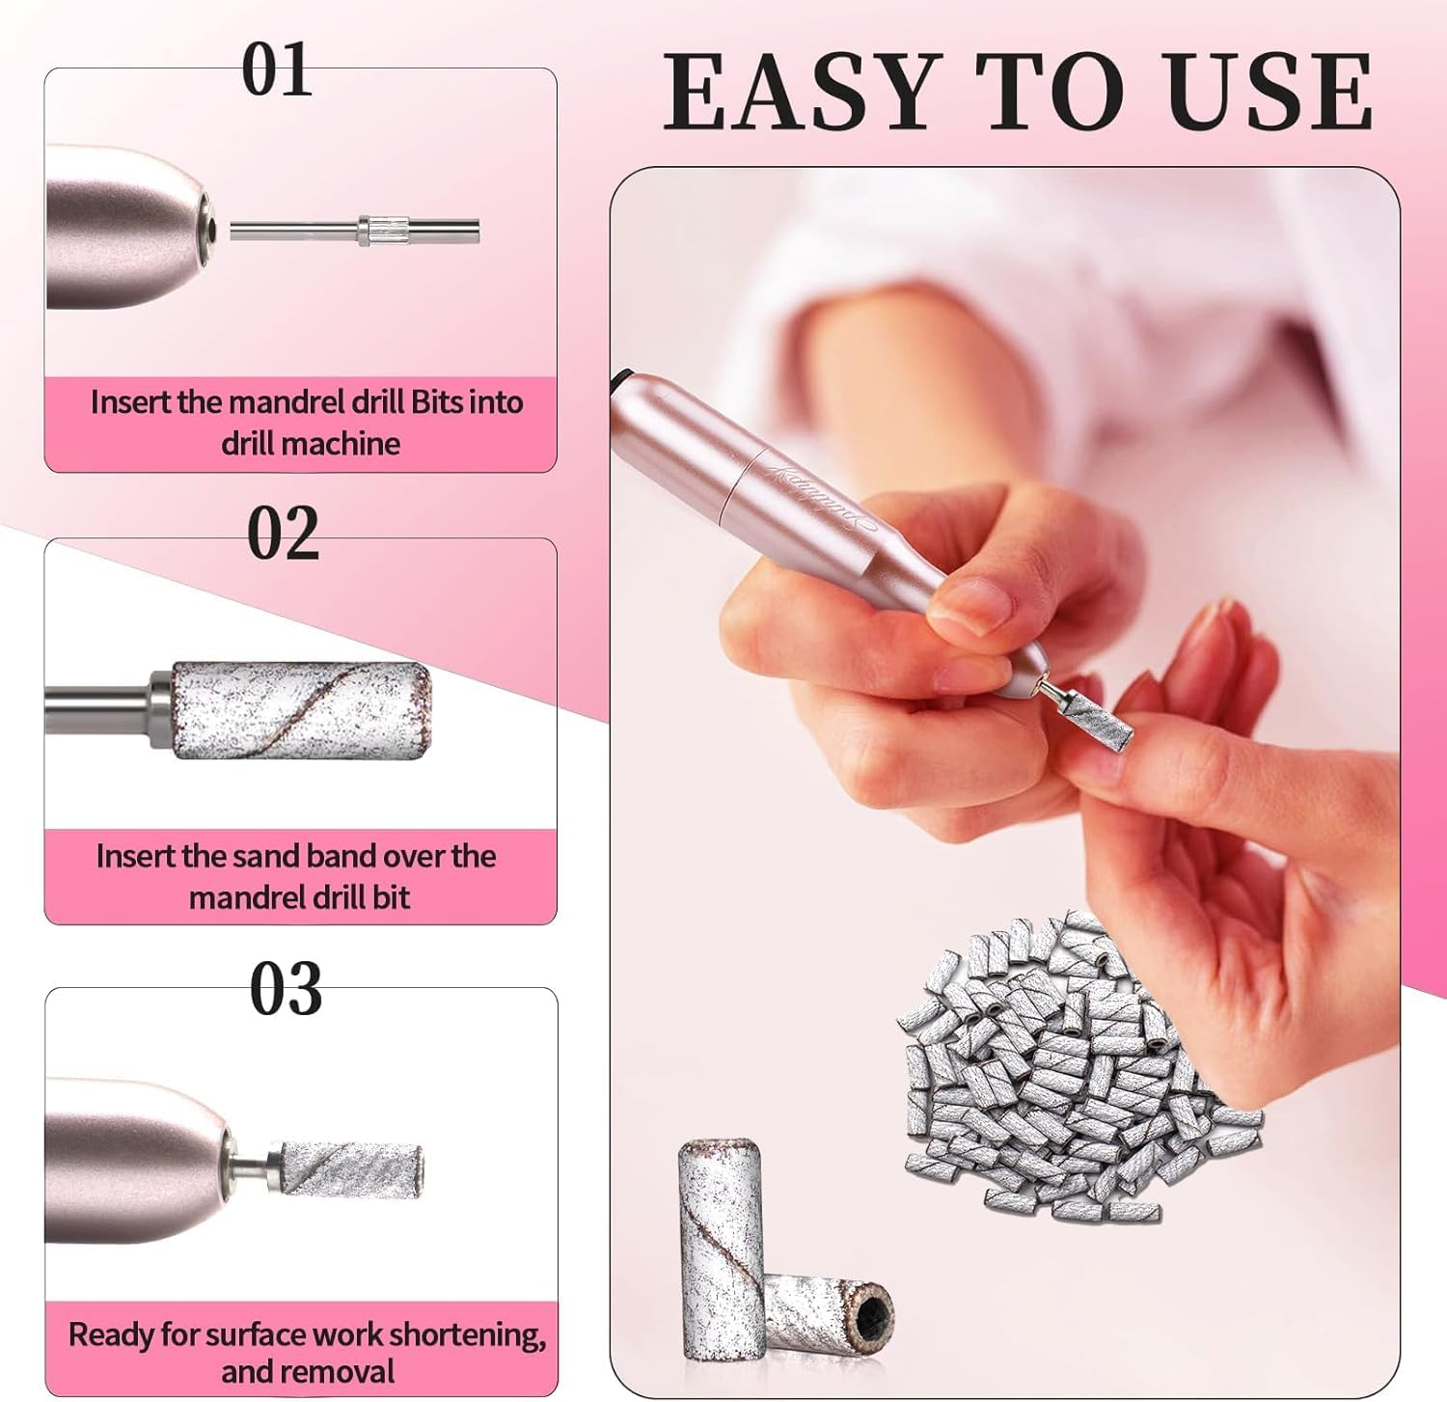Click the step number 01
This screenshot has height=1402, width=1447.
(x=277, y=70)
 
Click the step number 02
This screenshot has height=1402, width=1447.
(x=283, y=534)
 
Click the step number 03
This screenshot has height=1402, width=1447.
(x=286, y=990)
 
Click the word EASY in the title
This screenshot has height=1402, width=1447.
(x=802, y=93)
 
